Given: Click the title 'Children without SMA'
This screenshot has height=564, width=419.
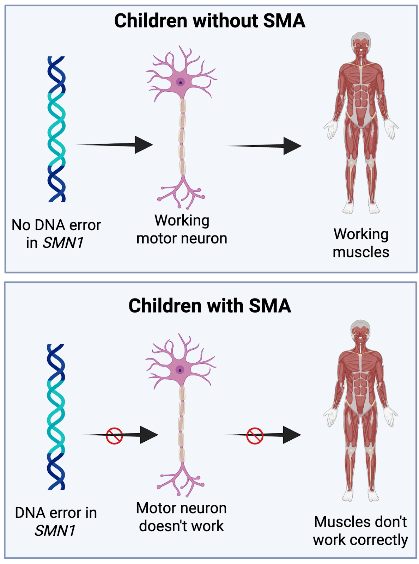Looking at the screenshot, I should [x=209, y=21].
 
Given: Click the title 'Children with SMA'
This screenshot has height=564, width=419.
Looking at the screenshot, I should [x=209, y=306].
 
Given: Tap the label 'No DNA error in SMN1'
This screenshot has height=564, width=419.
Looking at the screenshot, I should [x=56, y=234].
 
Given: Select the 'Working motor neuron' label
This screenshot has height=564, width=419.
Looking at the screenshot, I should [x=182, y=229].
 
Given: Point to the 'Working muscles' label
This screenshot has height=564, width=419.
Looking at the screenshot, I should [x=361, y=243].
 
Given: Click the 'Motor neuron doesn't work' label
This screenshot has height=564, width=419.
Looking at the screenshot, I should [x=182, y=517].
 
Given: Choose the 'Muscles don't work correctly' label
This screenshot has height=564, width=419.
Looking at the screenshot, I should [x=360, y=531].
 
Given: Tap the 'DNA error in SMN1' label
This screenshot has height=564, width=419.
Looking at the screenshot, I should [x=56, y=522].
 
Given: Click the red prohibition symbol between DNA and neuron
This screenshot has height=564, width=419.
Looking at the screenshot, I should [x=114, y=436].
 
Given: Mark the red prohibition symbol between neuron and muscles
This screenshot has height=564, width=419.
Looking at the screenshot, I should [x=255, y=436].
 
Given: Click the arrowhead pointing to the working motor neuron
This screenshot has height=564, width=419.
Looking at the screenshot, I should [x=144, y=145].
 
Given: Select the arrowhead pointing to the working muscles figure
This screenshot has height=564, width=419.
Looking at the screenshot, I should [x=292, y=146].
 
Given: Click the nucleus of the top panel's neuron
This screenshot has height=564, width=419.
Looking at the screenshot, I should [x=181, y=83].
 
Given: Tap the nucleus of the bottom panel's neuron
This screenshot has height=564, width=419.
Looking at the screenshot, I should [x=180, y=370].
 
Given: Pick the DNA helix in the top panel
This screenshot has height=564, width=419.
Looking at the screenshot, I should [x=56, y=129].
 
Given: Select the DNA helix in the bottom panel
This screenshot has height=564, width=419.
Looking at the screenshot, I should [x=56, y=417].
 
